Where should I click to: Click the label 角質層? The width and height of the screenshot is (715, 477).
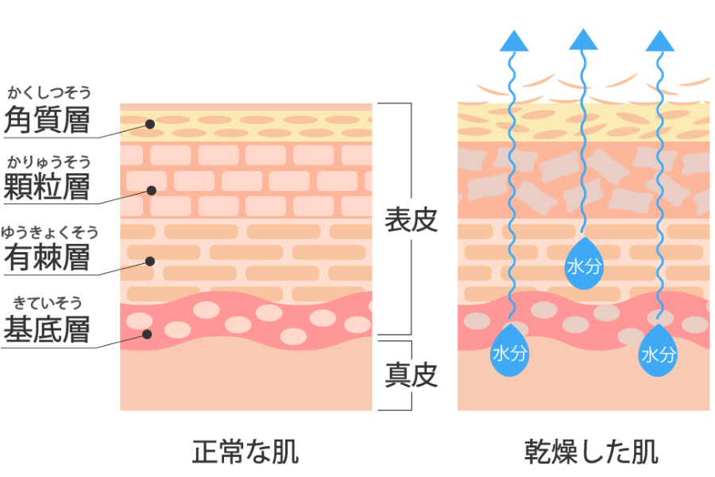[x=48, y=121]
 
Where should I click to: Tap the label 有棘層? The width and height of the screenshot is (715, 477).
[x=48, y=258]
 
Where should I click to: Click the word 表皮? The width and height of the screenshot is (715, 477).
[x=412, y=220]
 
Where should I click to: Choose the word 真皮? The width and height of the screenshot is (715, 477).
[x=412, y=375]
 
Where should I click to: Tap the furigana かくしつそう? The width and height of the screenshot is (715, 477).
[x=49, y=93]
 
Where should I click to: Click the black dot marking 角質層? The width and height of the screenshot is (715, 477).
[x=149, y=124]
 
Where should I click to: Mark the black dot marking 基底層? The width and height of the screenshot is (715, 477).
[x=147, y=334]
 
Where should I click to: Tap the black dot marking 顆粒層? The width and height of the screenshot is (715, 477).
[x=150, y=191]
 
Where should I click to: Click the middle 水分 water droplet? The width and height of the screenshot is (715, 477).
[x=584, y=262]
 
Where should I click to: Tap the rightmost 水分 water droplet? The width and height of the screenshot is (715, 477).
[x=659, y=350]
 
